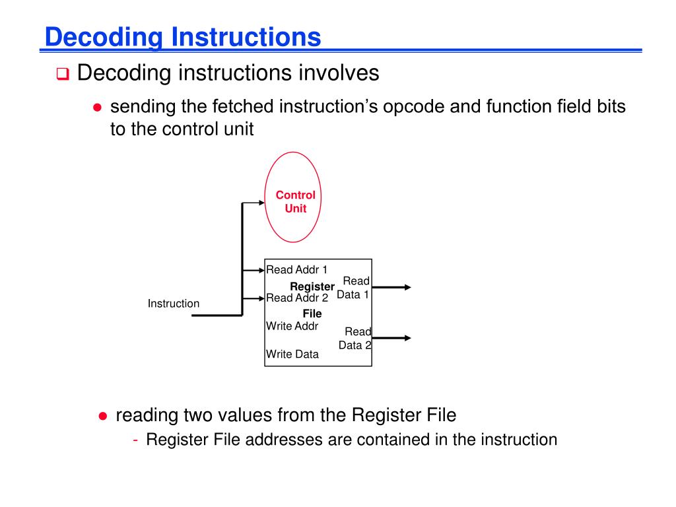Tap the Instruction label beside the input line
(x=173, y=304)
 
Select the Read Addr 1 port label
(x=296, y=269)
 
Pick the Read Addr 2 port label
(x=296, y=298)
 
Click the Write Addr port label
(x=292, y=326)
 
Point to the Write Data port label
(x=292, y=355)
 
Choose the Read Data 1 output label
(x=355, y=288)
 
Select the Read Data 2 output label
(x=356, y=338)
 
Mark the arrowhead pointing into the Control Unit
(x=261, y=203)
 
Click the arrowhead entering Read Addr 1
(x=261, y=270)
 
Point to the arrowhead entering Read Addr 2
(x=261, y=298)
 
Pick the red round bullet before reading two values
(x=102, y=416)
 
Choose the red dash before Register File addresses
(x=135, y=440)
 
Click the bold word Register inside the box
(x=312, y=287)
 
